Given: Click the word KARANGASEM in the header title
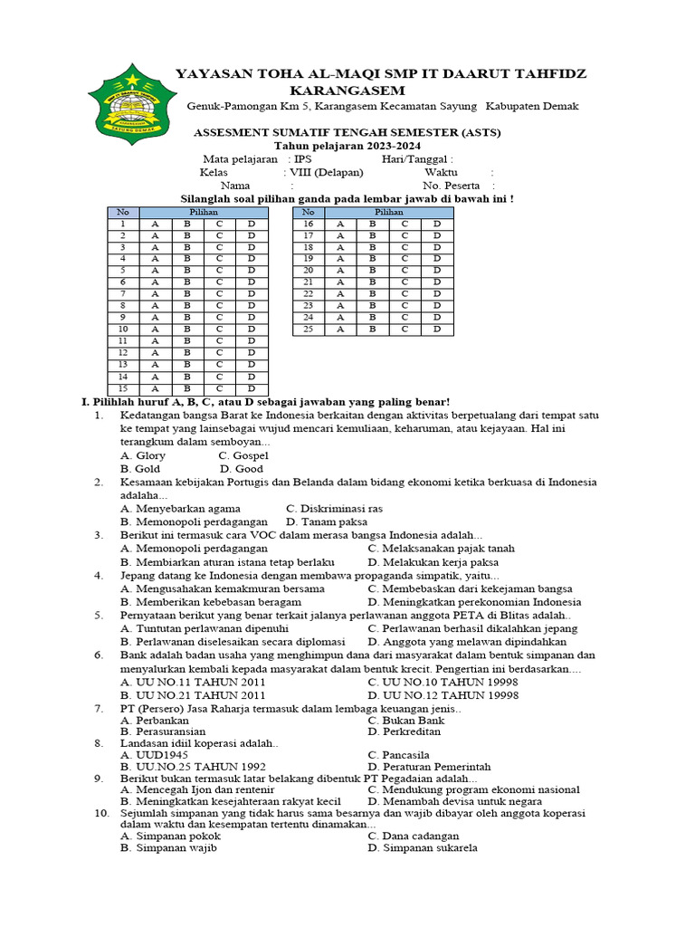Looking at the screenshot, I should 347,91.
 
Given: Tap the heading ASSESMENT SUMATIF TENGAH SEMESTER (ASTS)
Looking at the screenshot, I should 347,132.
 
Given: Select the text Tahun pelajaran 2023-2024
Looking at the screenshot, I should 347,146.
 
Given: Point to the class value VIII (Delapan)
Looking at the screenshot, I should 327,172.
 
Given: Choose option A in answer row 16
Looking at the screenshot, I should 340,224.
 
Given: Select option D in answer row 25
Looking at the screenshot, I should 436,330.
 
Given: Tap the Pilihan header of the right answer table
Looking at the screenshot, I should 388,212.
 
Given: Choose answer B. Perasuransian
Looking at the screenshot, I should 163,731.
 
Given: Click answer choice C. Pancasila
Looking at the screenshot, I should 398,754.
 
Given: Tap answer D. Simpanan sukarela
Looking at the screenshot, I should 423,848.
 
